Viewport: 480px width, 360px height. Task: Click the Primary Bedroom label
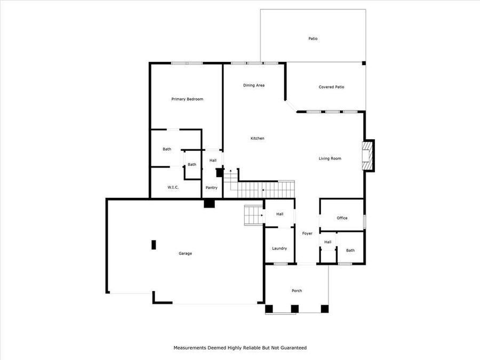[x=187, y=99]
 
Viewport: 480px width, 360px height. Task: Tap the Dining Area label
[x=254, y=85]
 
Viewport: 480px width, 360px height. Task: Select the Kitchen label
[x=258, y=139]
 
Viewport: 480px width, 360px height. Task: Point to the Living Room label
[x=330, y=158]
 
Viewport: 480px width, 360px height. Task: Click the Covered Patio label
[x=331, y=87]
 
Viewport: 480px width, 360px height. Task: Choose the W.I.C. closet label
[x=173, y=187]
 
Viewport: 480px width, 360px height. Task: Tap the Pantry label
[x=212, y=187]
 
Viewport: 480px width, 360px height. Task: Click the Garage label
[x=185, y=253]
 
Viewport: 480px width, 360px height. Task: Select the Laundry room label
[x=279, y=248]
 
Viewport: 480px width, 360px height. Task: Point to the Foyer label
[x=307, y=234]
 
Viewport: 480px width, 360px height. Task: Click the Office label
[x=342, y=218]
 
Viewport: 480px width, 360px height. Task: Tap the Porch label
[x=297, y=291]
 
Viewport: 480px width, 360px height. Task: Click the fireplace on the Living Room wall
[x=367, y=156]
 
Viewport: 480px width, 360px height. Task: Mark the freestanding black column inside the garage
[x=154, y=245]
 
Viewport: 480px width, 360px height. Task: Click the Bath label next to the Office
[x=350, y=250]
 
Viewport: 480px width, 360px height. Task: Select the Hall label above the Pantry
[x=213, y=160]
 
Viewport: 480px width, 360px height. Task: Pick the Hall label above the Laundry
[x=279, y=214]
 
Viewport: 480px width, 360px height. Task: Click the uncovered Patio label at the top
[x=313, y=38]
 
